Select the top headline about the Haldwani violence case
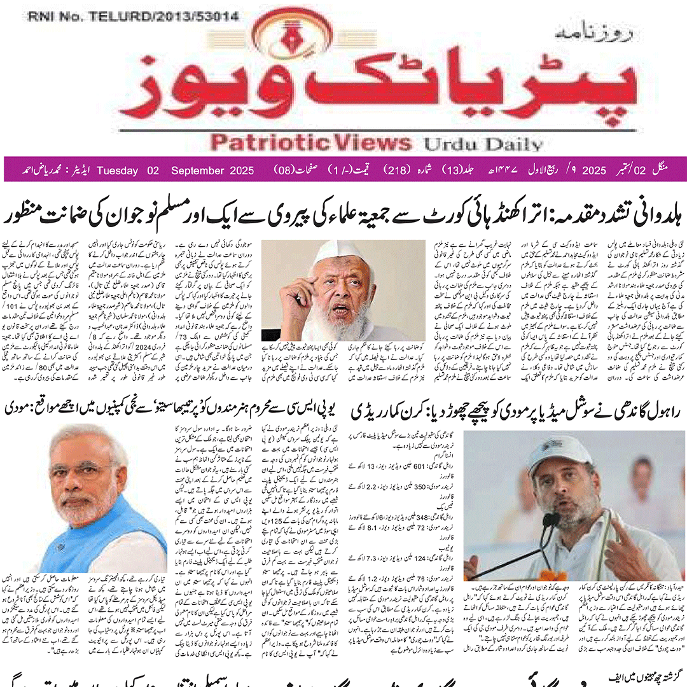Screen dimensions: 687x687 [x=343, y=214]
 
